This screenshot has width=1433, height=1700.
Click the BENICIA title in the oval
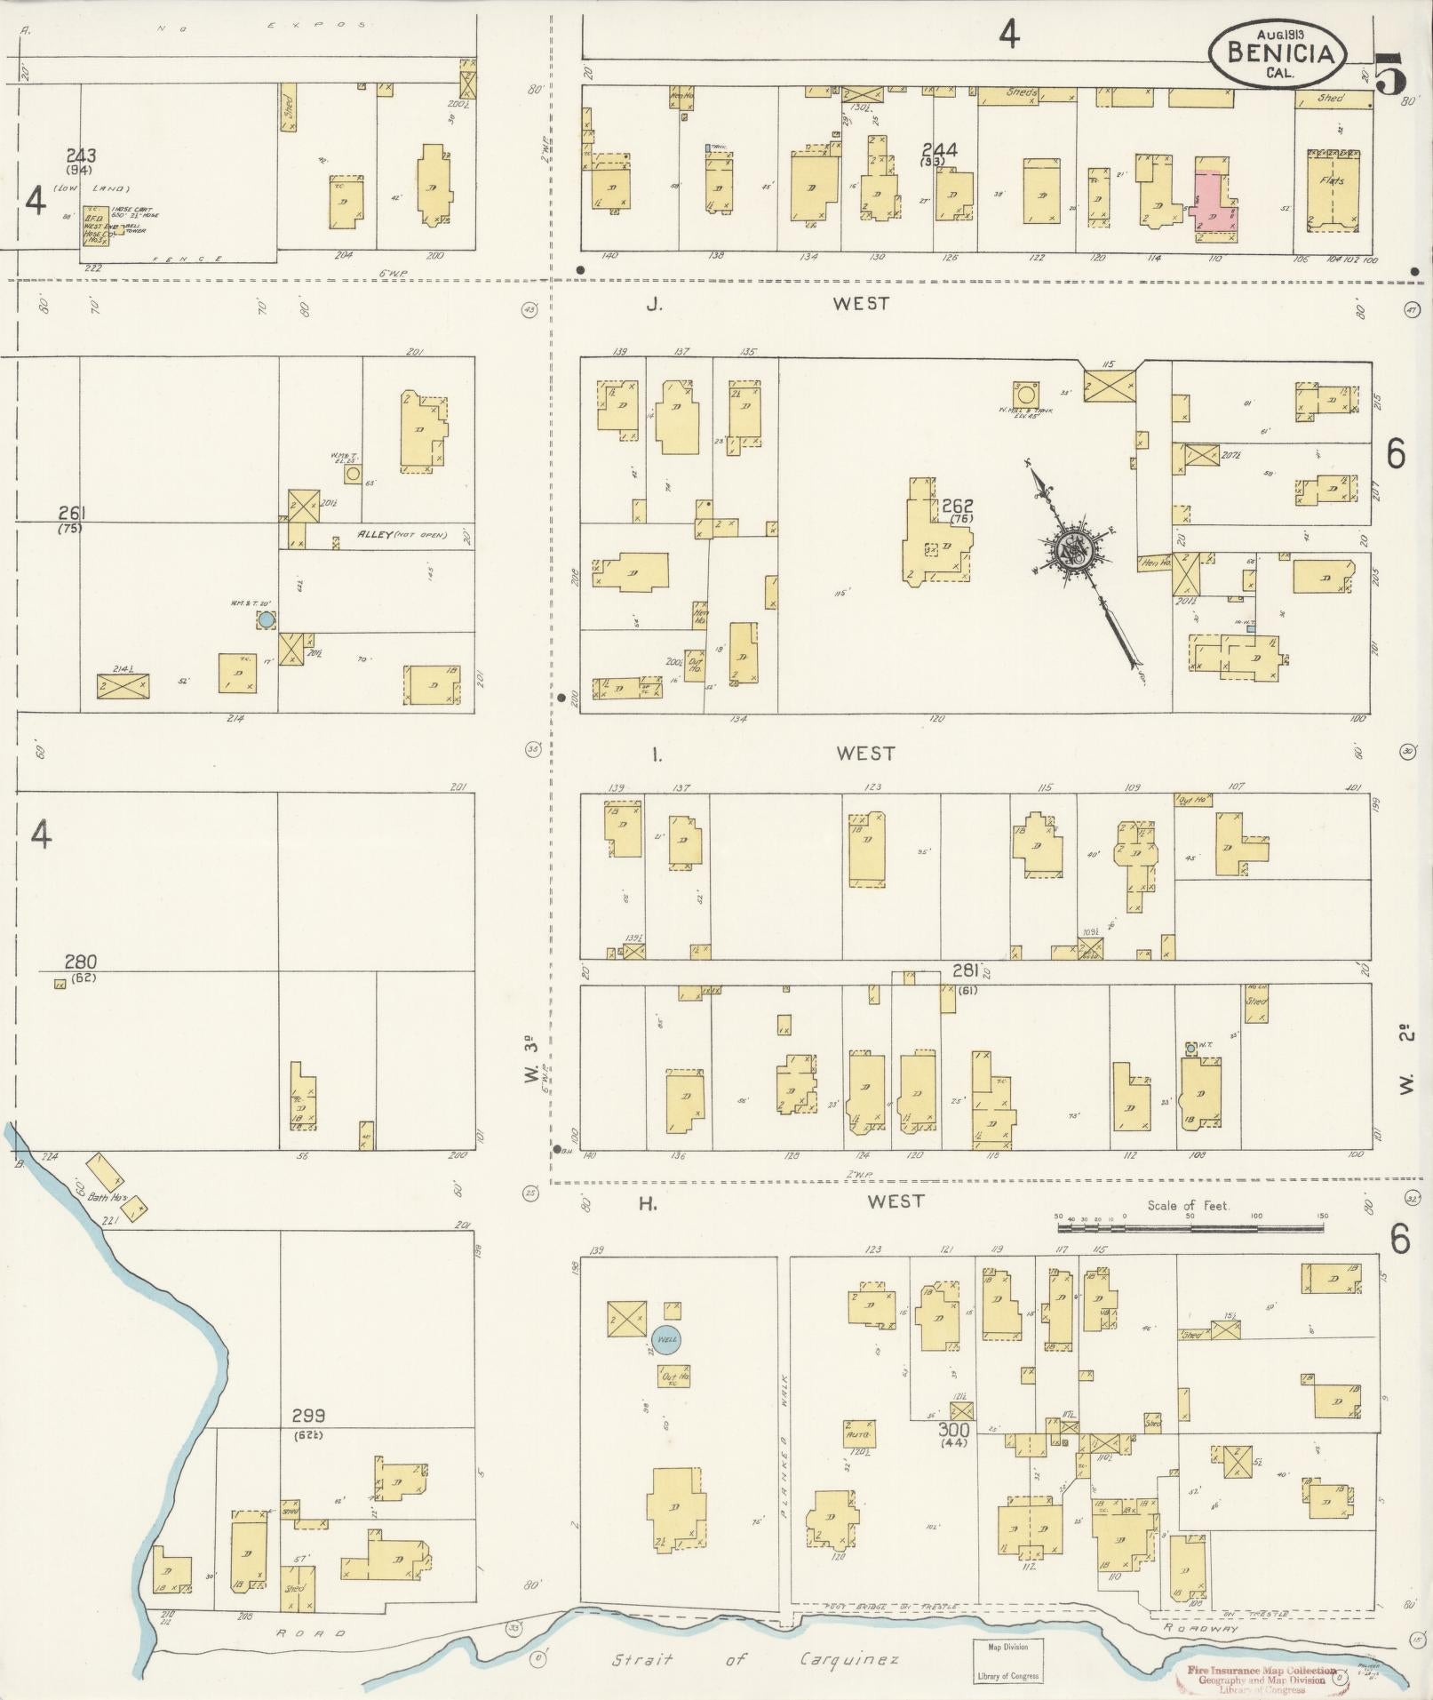pos(1280,52)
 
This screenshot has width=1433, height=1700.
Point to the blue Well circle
pos(665,1338)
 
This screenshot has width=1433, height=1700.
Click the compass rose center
pos(1071,554)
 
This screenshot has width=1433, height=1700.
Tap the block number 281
pos(965,970)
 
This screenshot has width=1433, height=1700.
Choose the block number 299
pos(308,1415)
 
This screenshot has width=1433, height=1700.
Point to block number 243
pos(86,156)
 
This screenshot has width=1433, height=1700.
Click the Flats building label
pos(1332,180)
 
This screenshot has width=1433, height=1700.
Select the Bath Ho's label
pos(103,1196)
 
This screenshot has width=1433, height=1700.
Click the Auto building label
pos(857,1434)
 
